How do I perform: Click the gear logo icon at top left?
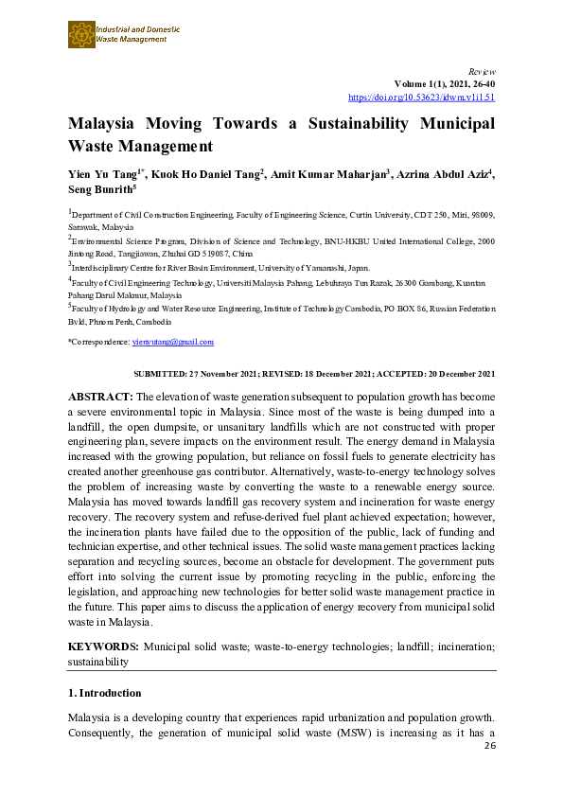pyautogui.click(x=80, y=35)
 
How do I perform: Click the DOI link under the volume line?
pyautogui.click(x=421, y=97)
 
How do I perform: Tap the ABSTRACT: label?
pyautogui.click(x=101, y=396)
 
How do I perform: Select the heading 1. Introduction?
pyautogui.click(x=104, y=693)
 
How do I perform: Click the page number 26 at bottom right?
pyautogui.click(x=489, y=746)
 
